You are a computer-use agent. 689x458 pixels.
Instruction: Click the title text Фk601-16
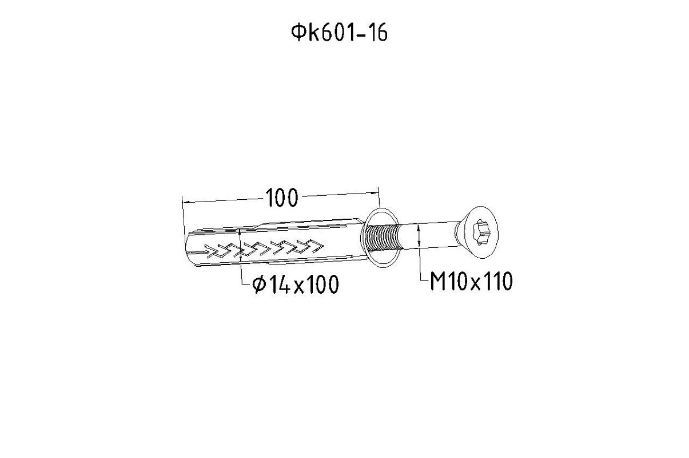(339, 33)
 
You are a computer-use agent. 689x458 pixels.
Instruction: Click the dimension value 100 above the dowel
(281, 198)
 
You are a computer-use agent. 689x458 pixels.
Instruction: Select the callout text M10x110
(471, 281)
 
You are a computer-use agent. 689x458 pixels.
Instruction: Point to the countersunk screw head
(477, 232)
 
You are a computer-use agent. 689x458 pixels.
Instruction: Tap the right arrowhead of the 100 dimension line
(375, 193)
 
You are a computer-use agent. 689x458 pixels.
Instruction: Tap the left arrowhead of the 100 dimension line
(187, 202)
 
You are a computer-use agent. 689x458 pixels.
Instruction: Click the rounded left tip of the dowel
(188, 248)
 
